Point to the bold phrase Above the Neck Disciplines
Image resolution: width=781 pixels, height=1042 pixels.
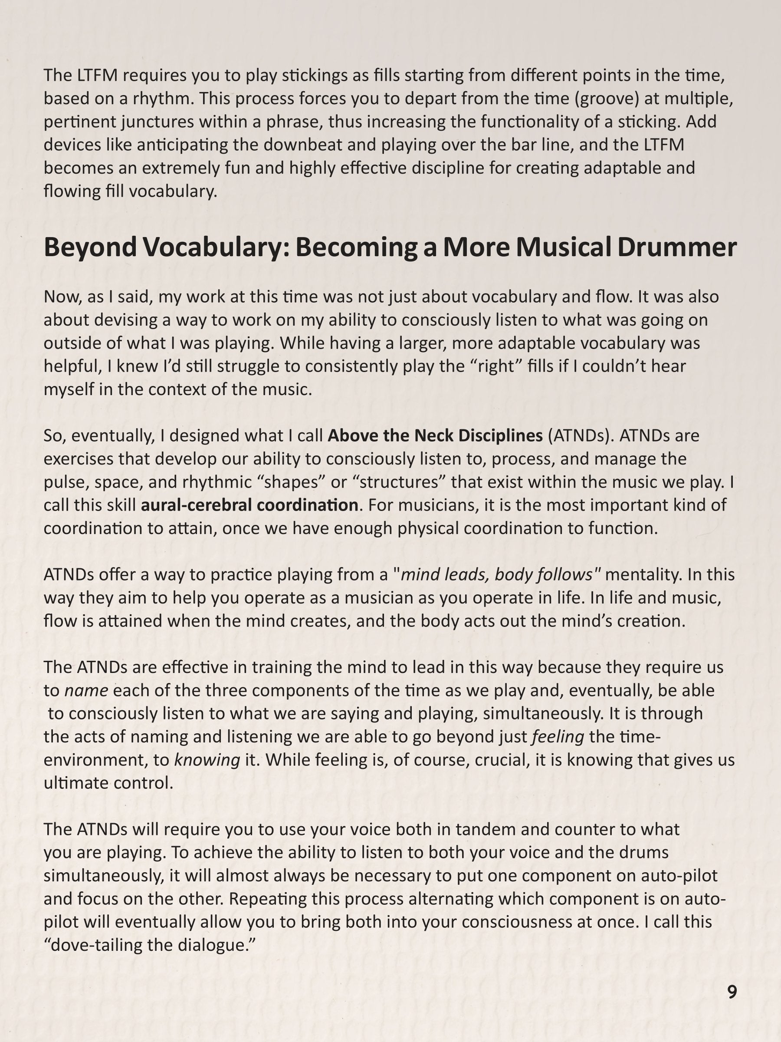(435, 436)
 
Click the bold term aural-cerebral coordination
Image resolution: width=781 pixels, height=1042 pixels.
(249, 505)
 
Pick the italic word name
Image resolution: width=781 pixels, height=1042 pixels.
(86, 691)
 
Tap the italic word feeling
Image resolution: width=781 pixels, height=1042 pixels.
(558, 737)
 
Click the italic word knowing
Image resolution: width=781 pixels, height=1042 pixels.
(207, 760)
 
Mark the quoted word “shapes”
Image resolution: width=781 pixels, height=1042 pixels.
(294, 482)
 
